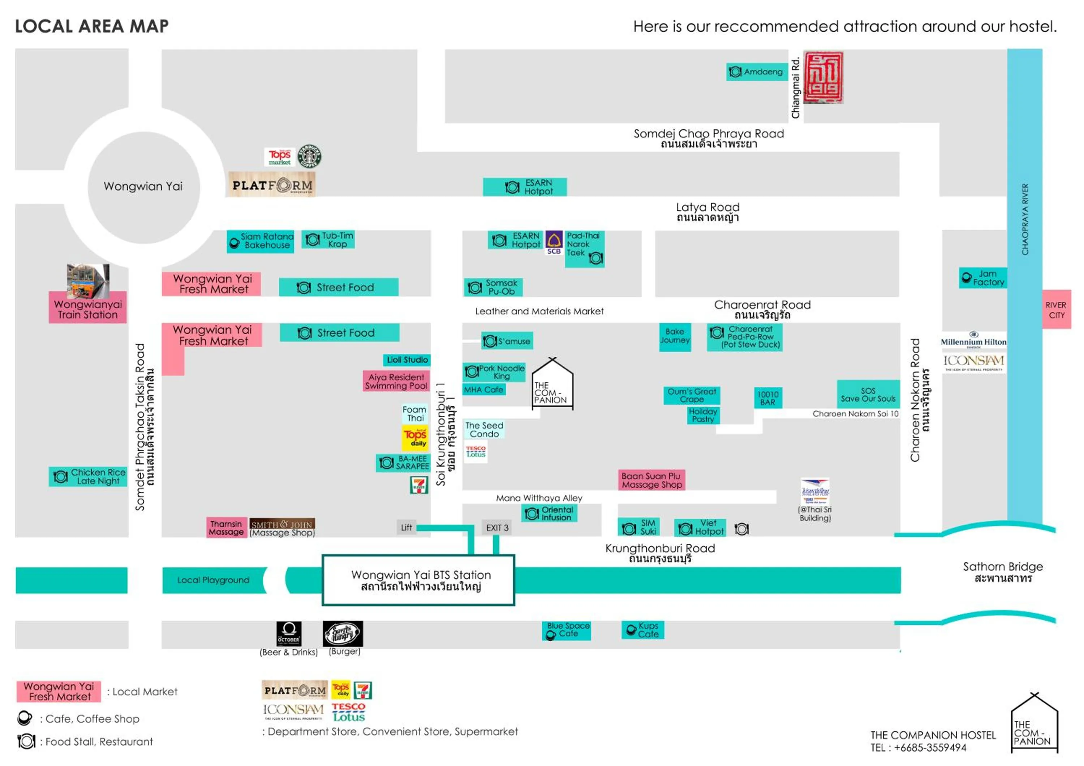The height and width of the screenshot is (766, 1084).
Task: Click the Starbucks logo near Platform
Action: point(309,156)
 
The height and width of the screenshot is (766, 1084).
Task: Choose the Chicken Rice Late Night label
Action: point(88,477)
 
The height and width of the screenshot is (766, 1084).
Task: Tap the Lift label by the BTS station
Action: point(406,528)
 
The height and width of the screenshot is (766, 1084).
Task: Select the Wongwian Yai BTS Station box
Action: point(418,581)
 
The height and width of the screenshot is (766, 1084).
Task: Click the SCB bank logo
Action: point(554,242)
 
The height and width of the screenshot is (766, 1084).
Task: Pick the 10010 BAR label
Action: point(768,398)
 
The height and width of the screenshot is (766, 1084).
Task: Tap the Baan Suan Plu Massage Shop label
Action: point(651,481)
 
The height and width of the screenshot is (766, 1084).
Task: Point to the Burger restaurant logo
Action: point(343,633)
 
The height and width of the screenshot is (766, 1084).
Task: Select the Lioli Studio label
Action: point(406,360)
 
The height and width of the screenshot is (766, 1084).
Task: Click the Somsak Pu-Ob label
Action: point(493,287)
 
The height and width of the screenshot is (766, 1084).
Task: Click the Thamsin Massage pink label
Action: point(226,528)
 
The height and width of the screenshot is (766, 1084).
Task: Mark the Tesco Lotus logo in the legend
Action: point(348,712)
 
